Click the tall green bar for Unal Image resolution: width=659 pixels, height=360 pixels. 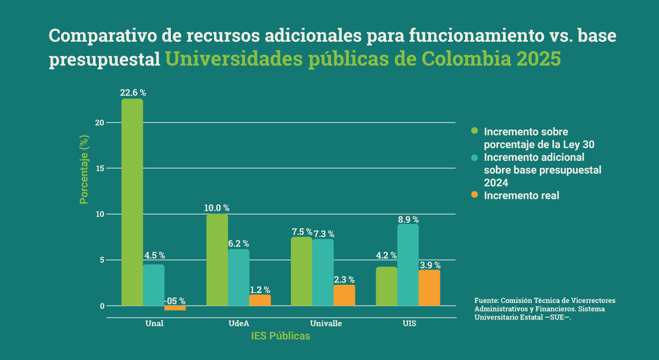click(x=132, y=202)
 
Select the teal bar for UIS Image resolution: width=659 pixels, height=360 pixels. click(x=408, y=265)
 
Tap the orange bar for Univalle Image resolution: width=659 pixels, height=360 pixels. click(x=344, y=295)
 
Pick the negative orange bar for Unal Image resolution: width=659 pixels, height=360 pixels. click(x=175, y=308)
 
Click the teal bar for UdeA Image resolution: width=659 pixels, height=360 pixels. click(x=239, y=277)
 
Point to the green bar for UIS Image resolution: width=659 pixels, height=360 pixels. click(x=387, y=286)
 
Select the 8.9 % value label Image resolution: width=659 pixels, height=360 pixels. click(x=408, y=219)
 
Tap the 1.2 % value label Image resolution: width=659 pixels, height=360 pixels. click(x=260, y=290)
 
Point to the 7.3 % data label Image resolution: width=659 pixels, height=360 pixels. click(x=323, y=234)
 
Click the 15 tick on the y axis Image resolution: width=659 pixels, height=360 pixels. click(x=99, y=168)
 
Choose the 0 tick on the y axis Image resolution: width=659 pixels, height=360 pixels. click(x=101, y=306)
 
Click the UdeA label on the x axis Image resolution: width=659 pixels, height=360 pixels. click(x=239, y=323)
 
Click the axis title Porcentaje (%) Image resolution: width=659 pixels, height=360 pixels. click(x=84, y=170)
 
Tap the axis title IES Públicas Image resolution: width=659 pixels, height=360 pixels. click(x=281, y=336)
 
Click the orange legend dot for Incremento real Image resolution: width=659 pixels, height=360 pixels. click(x=474, y=195)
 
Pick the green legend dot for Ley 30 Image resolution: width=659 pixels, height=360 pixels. click(x=474, y=131)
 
